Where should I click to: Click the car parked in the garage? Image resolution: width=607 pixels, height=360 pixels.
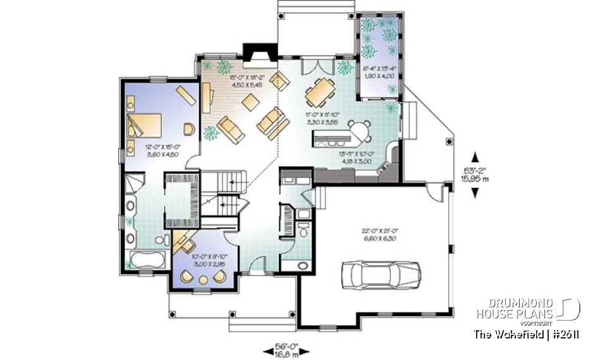pyautogui.click(x=379, y=273)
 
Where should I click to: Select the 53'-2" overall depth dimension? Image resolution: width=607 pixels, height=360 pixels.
pyautogui.click(x=476, y=175)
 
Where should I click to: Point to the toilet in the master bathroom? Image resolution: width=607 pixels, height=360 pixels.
pyautogui.click(x=162, y=240)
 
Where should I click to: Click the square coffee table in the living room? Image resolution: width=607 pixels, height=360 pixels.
pyautogui.click(x=252, y=101)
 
